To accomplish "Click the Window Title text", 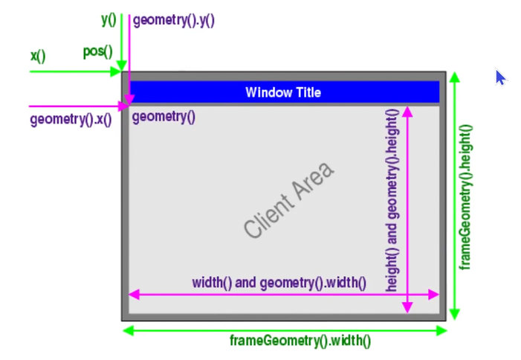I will click(283, 93).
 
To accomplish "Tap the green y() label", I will click(109, 20).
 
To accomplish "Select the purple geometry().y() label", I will click(173, 21).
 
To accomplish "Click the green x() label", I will click(37, 56).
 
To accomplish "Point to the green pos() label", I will click(97, 52).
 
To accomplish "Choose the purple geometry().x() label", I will click(71, 119).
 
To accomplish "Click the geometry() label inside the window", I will click(164, 116).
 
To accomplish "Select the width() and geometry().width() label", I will click(279, 283).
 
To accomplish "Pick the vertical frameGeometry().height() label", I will click(466, 196).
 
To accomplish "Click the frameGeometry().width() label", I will click(300, 341).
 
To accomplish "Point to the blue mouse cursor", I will click(500, 77).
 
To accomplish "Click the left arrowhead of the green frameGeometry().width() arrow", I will click(127, 330).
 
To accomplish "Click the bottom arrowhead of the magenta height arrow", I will click(407, 308).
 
